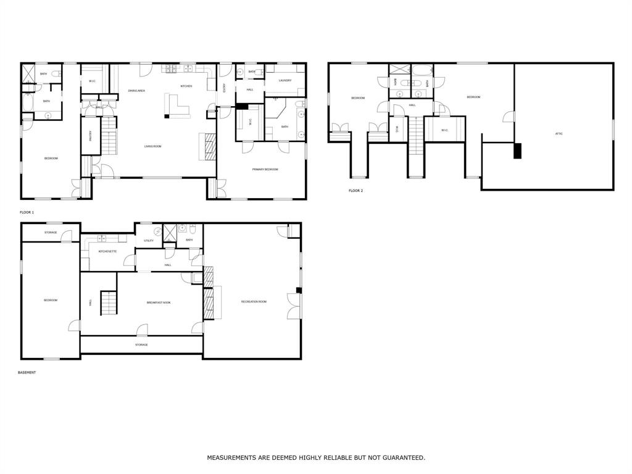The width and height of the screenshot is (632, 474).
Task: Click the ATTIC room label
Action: pos(559,133)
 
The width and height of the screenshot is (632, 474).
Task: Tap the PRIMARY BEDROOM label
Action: pos(265,169)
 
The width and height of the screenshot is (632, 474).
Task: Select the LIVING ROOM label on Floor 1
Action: pos(152,146)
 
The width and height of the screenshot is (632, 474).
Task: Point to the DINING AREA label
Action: pos(136,91)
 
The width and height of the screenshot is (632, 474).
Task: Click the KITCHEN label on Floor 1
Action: pos(186,86)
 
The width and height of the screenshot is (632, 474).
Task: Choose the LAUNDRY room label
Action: pos(285,80)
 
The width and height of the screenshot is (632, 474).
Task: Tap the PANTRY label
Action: pos(90,135)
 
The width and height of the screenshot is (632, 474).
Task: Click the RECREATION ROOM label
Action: pos(254,301)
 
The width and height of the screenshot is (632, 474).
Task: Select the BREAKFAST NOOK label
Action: pos(159,302)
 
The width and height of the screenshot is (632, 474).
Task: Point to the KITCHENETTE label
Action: pos(107,251)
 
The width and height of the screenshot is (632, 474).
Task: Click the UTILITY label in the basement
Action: pos(149,241)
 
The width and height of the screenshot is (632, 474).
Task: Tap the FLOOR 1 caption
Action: pos(27,212)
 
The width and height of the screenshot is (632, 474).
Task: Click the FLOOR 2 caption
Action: pos(355,191)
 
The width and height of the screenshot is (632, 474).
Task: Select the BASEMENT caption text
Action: pos(27,373)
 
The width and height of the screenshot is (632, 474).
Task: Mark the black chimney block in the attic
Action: pos(517,151)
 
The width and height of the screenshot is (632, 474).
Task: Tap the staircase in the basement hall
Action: pos(109,303)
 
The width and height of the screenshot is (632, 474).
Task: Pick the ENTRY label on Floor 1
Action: pos(225,88)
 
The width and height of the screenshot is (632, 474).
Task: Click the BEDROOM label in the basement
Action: pos(51,300)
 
